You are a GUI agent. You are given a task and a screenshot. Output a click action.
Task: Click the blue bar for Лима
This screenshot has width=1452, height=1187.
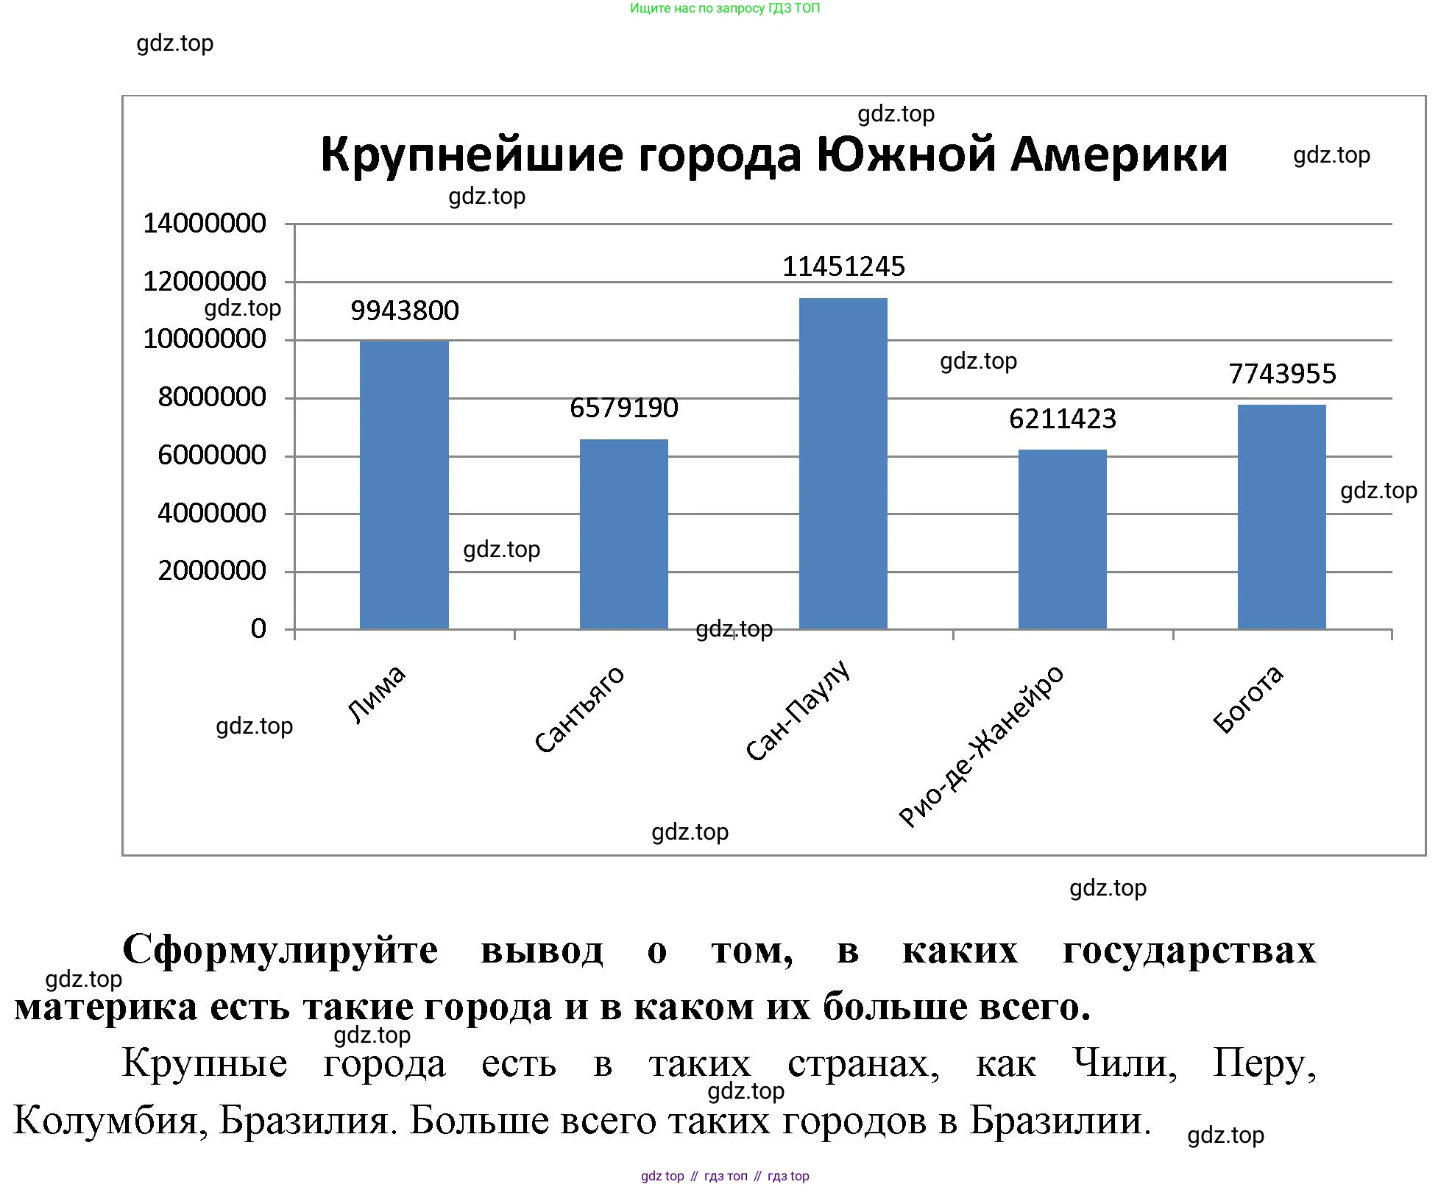pos(404,485)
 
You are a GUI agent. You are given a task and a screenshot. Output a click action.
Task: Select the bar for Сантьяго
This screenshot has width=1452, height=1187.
pos(623,534)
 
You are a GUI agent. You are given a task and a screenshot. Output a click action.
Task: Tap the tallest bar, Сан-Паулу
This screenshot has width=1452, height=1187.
pos(843,464)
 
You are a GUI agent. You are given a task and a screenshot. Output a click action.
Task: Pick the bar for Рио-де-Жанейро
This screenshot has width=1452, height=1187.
pos(1062,539)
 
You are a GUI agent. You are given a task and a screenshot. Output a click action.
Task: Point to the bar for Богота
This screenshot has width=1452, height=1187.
pos(1281,517)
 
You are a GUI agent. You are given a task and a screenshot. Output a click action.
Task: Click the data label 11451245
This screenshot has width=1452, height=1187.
pos(843,266)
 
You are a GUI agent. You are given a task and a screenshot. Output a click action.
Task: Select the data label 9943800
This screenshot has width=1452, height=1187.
pos(404,311)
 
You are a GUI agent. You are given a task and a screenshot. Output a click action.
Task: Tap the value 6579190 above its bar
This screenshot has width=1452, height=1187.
pos(623,408)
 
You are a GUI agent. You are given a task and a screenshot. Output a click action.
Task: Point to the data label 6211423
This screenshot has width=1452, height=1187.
pos(1062,419)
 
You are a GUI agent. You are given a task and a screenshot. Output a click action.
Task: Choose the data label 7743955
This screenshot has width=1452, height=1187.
pos(1282,374)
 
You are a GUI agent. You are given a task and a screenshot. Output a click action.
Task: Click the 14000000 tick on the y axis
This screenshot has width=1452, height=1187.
pos(205,223)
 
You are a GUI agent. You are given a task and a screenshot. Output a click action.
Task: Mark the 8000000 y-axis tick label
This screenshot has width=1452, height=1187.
pos(212,397)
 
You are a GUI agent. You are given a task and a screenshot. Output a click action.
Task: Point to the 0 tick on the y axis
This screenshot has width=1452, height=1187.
pos(258,629)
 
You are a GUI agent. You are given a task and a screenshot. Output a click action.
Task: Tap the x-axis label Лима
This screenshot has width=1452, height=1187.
pos(376,694)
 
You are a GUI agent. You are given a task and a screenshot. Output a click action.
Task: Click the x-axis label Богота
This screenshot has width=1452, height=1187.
pos(1248,699)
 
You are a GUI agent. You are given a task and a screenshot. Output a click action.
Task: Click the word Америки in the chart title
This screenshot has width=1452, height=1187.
pos(1119,155)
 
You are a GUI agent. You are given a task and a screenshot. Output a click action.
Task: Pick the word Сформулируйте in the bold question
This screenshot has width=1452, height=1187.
pos(280,950)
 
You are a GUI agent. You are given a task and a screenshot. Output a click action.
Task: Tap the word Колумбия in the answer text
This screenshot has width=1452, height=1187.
pos(110,1121)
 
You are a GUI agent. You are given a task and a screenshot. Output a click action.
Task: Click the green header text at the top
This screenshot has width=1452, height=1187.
pos(725,8)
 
